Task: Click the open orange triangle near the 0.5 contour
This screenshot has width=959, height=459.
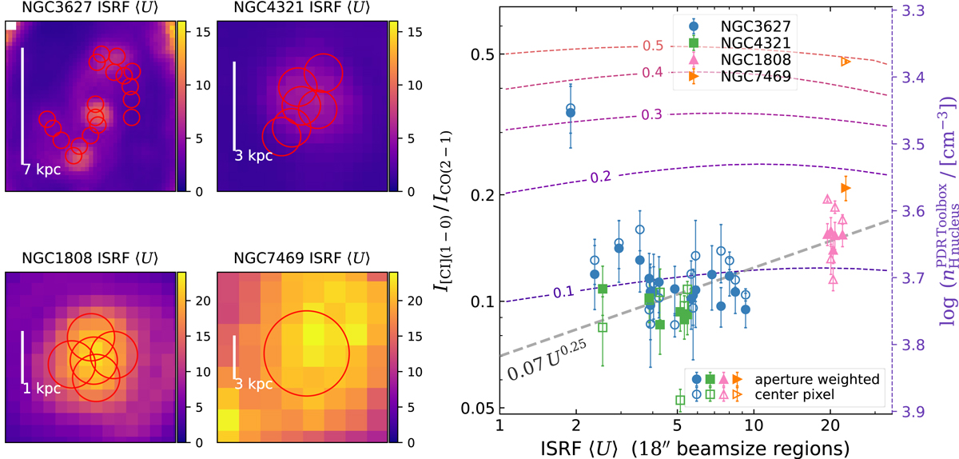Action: (846, 61)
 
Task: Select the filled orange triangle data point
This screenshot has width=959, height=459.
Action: (846, 188)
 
